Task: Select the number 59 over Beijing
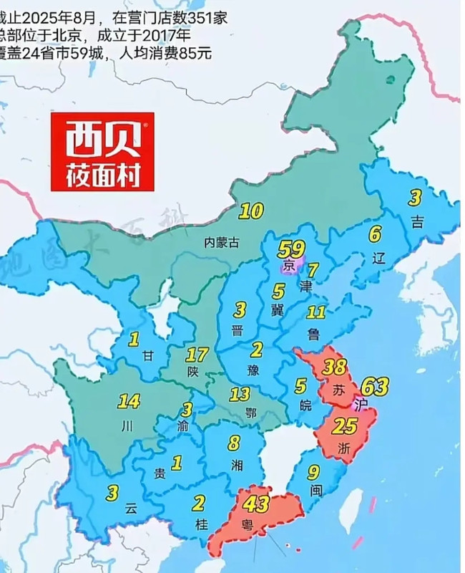[291, 250]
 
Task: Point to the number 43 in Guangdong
[255, 504]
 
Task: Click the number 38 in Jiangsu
[335, 368]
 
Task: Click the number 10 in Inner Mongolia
[251, 211]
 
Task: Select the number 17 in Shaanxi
[197, 355]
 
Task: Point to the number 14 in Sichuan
[129, 400]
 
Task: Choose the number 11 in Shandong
[316, 312]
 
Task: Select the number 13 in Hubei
[240, 394]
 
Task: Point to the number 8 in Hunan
[234, 443]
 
